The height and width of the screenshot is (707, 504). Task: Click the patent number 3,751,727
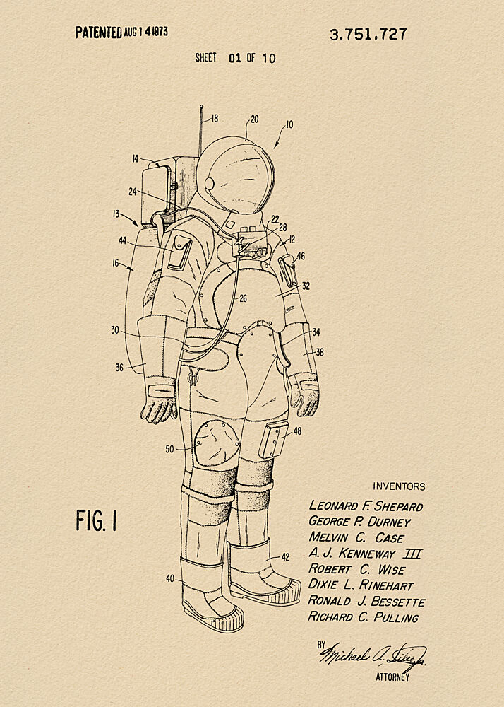pos(368,34)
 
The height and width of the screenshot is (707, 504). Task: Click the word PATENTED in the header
pos(99,33)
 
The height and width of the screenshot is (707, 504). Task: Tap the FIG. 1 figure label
pos(96,520)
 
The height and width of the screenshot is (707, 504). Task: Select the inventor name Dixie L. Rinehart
pos(361,585)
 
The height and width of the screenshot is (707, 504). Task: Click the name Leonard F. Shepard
pos(366,506)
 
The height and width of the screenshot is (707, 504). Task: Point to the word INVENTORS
pos(399,486)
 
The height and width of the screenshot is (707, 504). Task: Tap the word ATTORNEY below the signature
pos(392,677)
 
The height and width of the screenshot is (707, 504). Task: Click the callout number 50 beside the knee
pos(169,449)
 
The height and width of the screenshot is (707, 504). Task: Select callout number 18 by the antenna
pos(214,119)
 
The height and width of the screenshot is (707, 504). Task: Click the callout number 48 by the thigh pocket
pos(297,431)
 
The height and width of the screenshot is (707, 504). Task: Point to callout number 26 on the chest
pos(243,298)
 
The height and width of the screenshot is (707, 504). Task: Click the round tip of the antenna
pos(201,107)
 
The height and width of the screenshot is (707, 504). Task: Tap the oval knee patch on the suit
pos(217,443)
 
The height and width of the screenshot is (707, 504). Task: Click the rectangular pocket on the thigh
pos(272,439)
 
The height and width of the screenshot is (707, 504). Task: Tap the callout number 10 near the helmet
pos(289,124)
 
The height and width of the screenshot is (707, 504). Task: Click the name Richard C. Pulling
pos(364,617)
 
